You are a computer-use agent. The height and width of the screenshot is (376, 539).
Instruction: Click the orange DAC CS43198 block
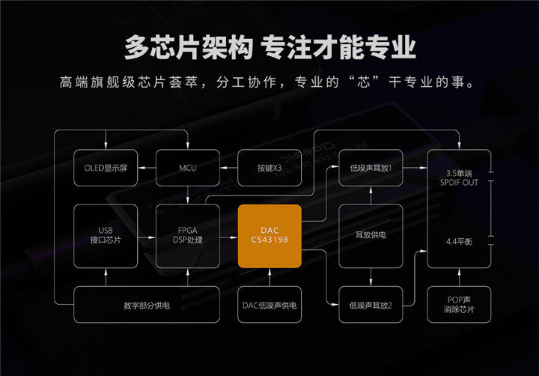(269, 236)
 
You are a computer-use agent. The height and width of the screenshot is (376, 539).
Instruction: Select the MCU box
(188, 168)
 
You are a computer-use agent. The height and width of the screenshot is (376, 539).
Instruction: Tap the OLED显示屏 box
(106, 168)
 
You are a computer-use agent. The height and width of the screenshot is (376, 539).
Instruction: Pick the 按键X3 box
(269, 168)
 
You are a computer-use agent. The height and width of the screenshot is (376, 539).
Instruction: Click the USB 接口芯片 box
(106, 236)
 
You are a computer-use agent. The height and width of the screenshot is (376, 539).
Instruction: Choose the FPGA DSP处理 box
(188, 236)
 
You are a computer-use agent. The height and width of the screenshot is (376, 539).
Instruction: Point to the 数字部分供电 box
(147, 304)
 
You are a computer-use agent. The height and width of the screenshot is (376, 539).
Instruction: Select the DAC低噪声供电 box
(269, 304)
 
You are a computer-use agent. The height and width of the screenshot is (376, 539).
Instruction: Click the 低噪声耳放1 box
(371, 168)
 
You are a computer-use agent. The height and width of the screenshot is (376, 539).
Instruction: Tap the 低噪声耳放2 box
(371, 304)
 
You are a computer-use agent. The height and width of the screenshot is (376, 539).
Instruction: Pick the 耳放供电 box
(371, 236)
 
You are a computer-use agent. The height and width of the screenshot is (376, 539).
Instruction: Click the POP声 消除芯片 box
(459, 304)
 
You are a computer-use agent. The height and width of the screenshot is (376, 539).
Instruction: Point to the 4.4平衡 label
(459, 241)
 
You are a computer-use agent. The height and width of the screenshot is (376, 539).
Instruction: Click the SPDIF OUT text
(459, 183)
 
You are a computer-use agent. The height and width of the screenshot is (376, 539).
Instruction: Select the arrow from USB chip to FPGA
(147, 237)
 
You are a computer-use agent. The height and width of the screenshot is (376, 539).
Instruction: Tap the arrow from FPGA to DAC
(228, 237)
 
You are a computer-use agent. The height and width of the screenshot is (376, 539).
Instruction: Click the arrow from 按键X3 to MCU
(228, 168)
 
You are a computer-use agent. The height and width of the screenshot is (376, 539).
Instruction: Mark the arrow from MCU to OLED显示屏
(147, 168)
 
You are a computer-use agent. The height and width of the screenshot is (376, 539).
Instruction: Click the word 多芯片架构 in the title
(189, 47)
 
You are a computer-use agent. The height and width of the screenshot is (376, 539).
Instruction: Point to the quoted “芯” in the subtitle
(363, 82)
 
